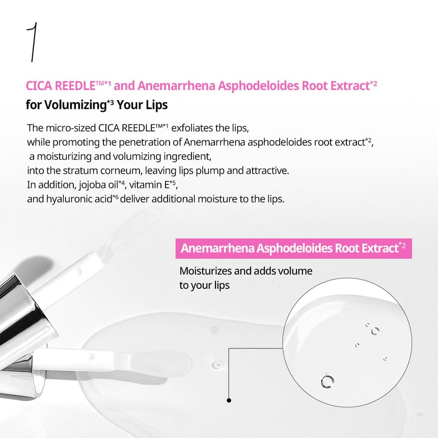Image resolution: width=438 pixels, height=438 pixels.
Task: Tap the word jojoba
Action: point(87,184)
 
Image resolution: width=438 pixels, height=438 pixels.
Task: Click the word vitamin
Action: point(147,184)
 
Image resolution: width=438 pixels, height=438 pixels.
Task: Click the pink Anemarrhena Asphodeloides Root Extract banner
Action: point(293,248)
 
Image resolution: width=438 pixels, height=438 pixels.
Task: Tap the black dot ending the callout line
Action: point(229,400)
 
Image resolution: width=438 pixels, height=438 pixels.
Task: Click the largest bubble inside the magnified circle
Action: point(326,380)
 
